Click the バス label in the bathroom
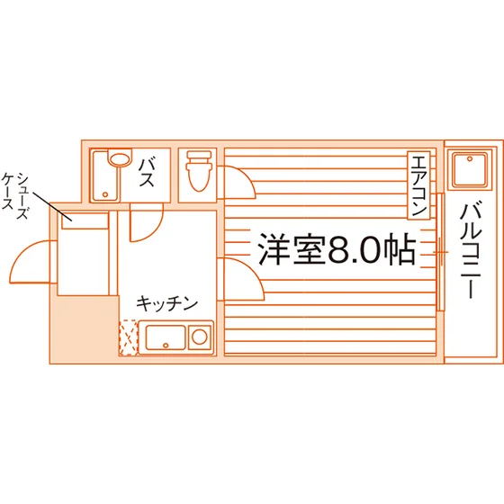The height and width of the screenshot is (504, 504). point(147,173)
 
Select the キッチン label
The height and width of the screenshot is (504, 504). point(166,303)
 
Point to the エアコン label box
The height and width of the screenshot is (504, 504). point(418,185)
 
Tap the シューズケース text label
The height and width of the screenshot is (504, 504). point(15,196)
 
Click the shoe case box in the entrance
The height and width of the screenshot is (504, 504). point(85,220)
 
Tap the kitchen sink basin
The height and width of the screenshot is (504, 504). point(166,337)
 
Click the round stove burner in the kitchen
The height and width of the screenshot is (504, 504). point(200,337)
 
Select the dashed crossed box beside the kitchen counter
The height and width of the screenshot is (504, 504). point(129,337)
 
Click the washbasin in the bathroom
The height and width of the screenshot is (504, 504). point(120,158)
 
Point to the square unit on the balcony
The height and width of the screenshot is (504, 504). point(470,169)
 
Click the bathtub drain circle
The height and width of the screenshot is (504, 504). point(105,194)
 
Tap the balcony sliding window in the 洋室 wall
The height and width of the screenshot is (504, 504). point(441,252)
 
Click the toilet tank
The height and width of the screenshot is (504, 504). point(200,155)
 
